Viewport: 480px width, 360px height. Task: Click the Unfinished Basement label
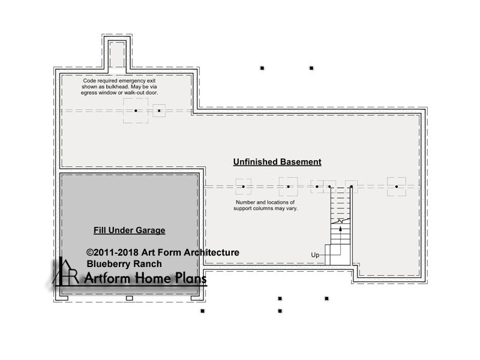pos(277,162)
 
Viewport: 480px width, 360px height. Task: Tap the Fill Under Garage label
pos(130,230)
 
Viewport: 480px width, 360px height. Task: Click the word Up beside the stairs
pos(315,255)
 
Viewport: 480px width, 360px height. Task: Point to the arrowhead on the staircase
pos(340,229)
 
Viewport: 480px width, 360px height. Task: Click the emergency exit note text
pos(119,86)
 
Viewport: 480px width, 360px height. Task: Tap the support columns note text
pos(265,205)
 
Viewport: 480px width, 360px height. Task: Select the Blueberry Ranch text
pos(124,264)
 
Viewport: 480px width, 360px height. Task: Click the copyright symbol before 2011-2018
pos(89,253)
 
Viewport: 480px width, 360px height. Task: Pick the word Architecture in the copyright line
pos(212,253)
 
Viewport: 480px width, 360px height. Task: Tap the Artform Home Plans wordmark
pos(145,278)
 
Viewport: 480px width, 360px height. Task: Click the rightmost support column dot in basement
pos(397,187)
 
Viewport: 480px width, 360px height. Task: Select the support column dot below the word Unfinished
pos(244,187)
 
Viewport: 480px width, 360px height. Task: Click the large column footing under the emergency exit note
pos(136,110)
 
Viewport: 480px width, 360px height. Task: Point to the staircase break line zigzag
pos(340,221)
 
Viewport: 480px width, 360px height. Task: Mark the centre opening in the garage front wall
pos(130,298)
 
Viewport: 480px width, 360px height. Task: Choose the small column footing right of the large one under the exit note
pos(159,110)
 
